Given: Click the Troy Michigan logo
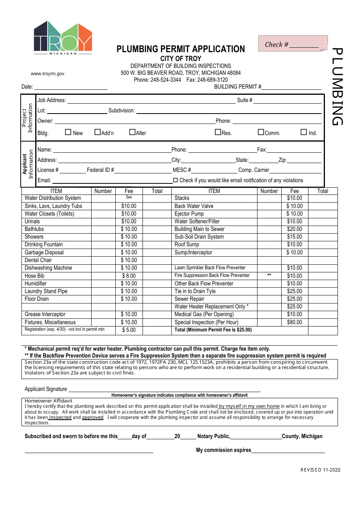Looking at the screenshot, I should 63,38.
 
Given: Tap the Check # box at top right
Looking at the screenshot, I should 293,44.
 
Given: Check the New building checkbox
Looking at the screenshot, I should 68,132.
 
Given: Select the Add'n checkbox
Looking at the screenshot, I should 97,132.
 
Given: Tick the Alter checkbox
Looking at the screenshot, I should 132,132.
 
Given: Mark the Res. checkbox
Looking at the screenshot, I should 218,132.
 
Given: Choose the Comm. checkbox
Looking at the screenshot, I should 261,132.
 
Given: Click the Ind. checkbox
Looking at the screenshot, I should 304,132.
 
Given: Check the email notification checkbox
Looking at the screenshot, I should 175,180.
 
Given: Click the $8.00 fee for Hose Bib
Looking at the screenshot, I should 129,276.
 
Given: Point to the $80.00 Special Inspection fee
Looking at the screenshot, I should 294,322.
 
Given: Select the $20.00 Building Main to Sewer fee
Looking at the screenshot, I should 294,229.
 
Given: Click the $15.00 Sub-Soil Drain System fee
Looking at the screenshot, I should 294,237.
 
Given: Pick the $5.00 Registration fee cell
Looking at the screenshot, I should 129,330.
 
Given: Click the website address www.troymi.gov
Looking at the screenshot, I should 48,74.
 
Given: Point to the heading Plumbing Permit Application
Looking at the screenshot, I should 180,49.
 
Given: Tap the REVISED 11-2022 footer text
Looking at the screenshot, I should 320,470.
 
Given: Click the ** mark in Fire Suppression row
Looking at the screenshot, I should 269,275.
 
